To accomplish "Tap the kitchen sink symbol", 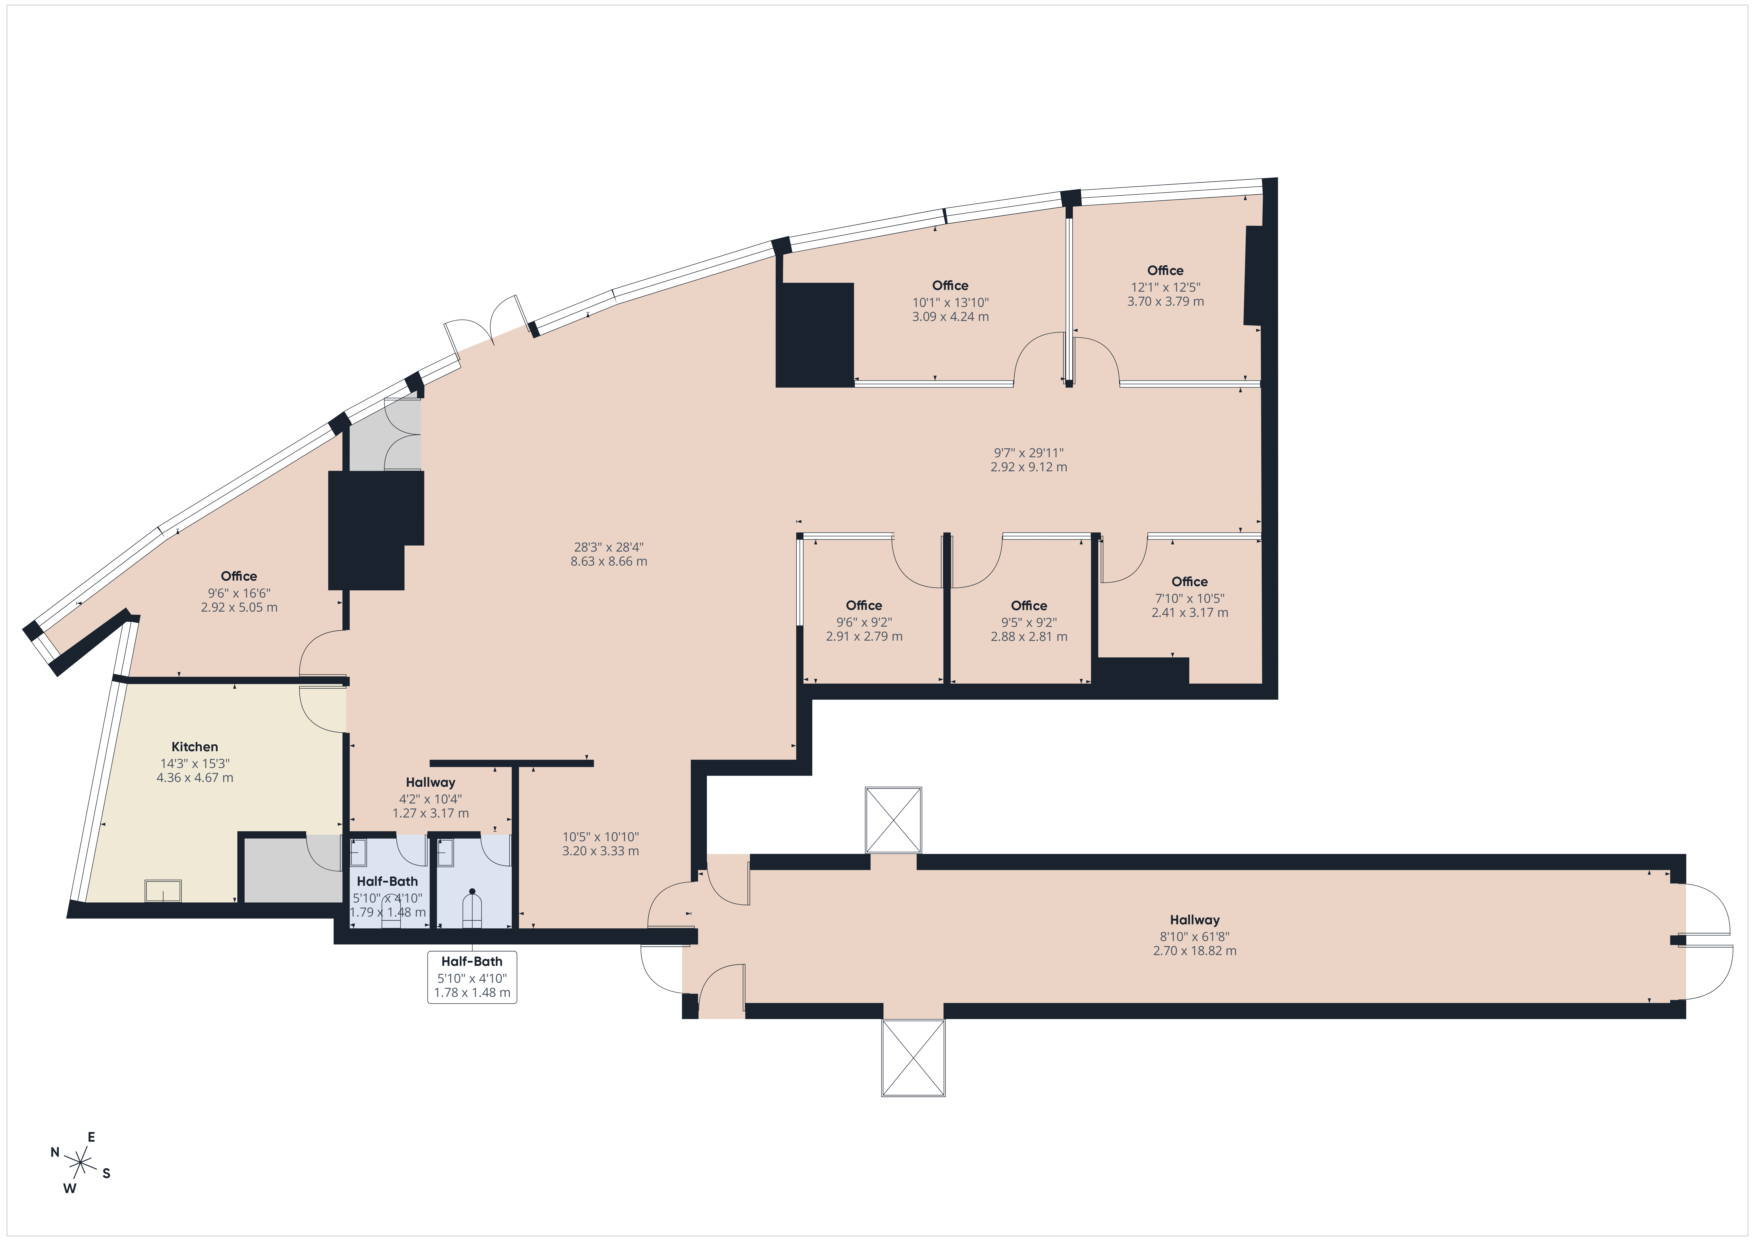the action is [163, 891].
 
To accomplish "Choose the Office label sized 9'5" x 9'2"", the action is [1029, 606].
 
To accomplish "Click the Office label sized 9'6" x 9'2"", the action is [864, 606].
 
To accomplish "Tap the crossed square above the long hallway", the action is [893, 820].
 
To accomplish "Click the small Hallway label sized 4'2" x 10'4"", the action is [430, 782].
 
